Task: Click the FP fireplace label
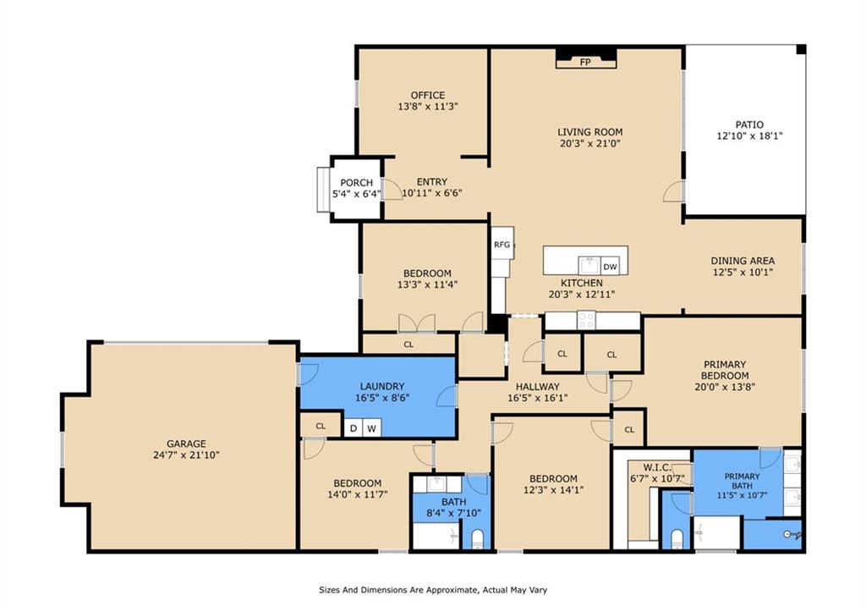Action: pos(585,63)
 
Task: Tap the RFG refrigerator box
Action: pos(502,243)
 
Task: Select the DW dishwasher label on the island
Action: pos(610,267)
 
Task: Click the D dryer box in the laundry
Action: pos(354,428)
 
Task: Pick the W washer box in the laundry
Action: pos(372,428)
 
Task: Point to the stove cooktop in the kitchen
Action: pos(586,320)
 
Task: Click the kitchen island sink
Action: pos(589,265)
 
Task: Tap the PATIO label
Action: pos(749,125)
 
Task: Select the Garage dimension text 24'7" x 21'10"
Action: pos(186,455)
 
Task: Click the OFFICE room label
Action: pos(427,95)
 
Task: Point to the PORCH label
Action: pos(356,183)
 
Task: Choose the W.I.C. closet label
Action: pos(656,468)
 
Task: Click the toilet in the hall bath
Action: pos(478,538)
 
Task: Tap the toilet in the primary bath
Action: pos(677,538)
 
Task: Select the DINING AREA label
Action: pos(743,261)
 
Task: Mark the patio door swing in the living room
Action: pos(674,192)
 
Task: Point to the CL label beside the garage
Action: pos(321,427)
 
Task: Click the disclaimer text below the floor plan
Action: pos(433,590)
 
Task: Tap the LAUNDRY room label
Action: pos(382,387)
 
